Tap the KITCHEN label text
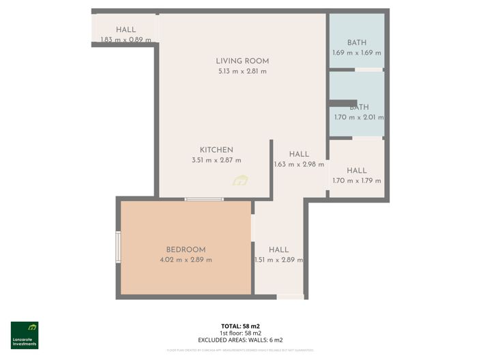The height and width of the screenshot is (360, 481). (216, 150)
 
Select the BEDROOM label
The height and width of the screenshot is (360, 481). (186, 250)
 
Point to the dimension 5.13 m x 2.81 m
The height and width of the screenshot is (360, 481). (242, 71)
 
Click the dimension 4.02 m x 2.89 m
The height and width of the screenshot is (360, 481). (186, 260)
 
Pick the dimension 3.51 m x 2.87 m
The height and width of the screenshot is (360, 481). (216, 160)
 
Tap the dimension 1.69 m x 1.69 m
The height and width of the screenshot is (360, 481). (357, 52)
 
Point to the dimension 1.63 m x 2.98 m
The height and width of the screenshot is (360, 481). (299, 164)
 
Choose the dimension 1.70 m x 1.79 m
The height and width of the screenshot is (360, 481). (357, 181)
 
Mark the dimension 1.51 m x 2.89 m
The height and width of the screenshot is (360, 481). (278, 260)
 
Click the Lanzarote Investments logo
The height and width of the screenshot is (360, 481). (25, 335)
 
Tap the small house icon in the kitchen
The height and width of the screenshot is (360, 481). (240, 181)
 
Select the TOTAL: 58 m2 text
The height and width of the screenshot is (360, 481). (240, 325)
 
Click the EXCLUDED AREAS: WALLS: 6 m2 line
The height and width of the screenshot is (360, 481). (240, 340)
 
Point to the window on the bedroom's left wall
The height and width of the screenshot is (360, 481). (118, 247)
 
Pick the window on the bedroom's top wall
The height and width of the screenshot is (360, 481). (205, 199)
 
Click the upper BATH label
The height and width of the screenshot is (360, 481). (357, 42)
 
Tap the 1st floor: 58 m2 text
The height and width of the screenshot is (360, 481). (240, 332)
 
